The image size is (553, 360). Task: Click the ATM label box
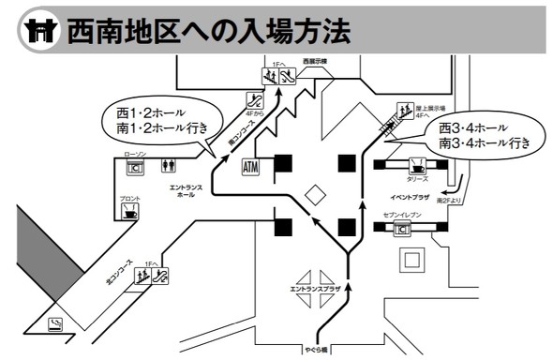tap(250, 168)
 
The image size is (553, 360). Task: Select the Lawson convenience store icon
tap(135, 168)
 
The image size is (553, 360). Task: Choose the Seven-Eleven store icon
tap(405, 228)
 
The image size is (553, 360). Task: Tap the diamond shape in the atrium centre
tap(317, 195)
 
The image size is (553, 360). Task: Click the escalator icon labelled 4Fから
tap(253, 98)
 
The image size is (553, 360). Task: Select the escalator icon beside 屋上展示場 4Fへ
tap(406, 111)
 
